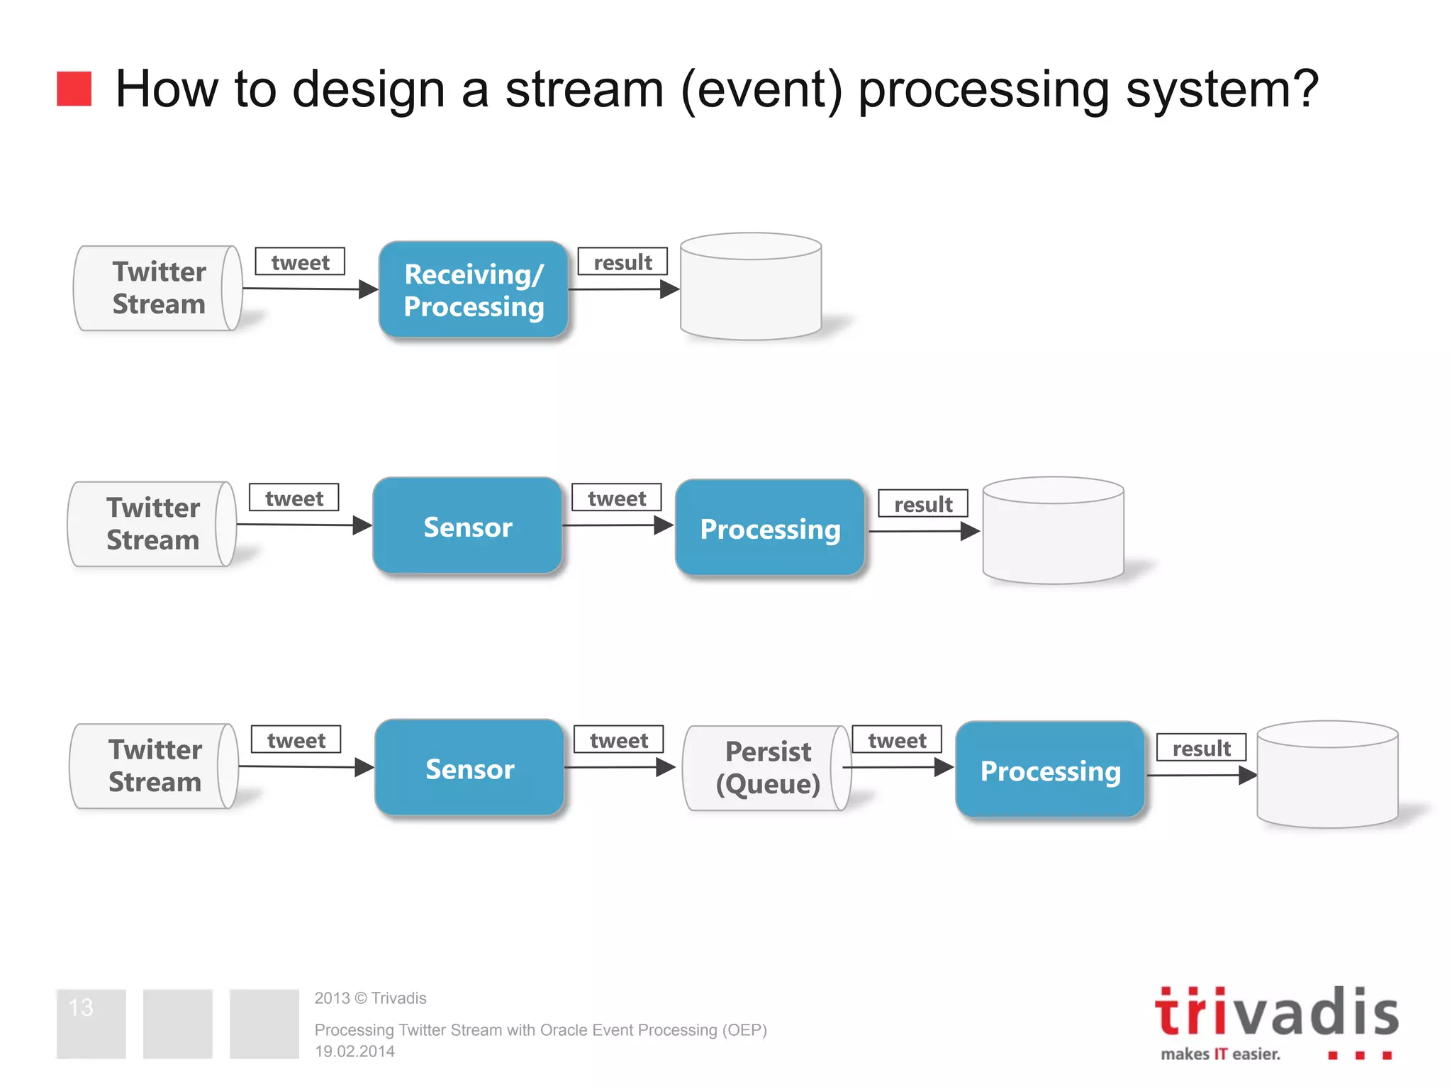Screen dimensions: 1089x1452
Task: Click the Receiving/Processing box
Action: click(474, 290)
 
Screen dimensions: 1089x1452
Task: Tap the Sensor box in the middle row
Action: click(467, 526)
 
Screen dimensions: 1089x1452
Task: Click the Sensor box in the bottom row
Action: click(469, 769)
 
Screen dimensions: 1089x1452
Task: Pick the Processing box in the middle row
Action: click(770, 528)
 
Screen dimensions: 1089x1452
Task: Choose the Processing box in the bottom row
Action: click(1050, 771)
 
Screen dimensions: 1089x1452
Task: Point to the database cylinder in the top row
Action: click(751, 287)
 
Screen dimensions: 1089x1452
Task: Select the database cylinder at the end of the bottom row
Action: click(1327, 775)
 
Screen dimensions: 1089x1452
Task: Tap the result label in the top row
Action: click(622, 262)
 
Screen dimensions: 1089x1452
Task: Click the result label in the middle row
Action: click(923, 503)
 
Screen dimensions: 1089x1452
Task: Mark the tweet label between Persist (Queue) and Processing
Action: click(897, 739)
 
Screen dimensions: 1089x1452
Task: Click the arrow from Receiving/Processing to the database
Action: click(624, 289)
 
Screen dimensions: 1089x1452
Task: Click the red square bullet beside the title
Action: click(74, 89)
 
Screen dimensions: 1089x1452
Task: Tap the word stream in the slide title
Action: click(584, 89)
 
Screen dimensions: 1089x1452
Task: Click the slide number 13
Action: click(81, 1007)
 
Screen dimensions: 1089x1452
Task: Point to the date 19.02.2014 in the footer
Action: click(354, 1051)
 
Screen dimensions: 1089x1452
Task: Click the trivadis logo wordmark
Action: click(1276, 1012)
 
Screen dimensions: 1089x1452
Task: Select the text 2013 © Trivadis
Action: click(370, 998)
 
